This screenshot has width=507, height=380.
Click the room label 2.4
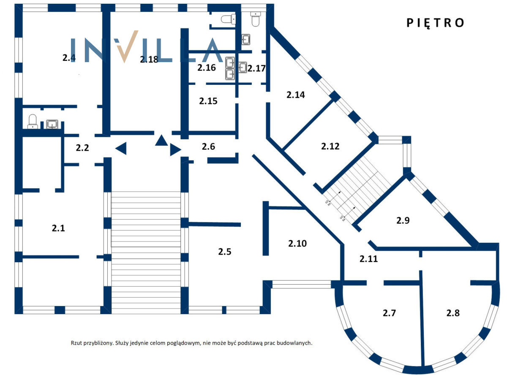pos(69,58)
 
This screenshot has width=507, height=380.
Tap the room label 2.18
pos(149,60)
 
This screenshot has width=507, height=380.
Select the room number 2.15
pos(208,101)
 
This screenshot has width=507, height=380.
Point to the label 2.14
pos(295,95)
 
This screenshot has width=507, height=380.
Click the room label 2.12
pos(330,147)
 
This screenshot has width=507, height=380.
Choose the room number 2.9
pos(403,220)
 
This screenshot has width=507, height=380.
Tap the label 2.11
pos(368,259)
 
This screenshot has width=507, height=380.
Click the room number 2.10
pos(297,243)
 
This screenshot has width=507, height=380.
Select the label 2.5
pos(225,252)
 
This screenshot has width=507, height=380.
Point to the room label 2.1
pos(58,228)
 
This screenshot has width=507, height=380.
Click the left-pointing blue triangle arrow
pos(121,148)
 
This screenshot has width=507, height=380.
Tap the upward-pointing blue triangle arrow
pos(161,140)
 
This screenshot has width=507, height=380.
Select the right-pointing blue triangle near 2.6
pos(175,150)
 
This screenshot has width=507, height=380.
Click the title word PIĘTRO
pos(435,23)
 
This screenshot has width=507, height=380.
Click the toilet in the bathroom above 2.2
pos(33,122)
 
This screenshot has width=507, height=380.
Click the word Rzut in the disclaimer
pos(77,343)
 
